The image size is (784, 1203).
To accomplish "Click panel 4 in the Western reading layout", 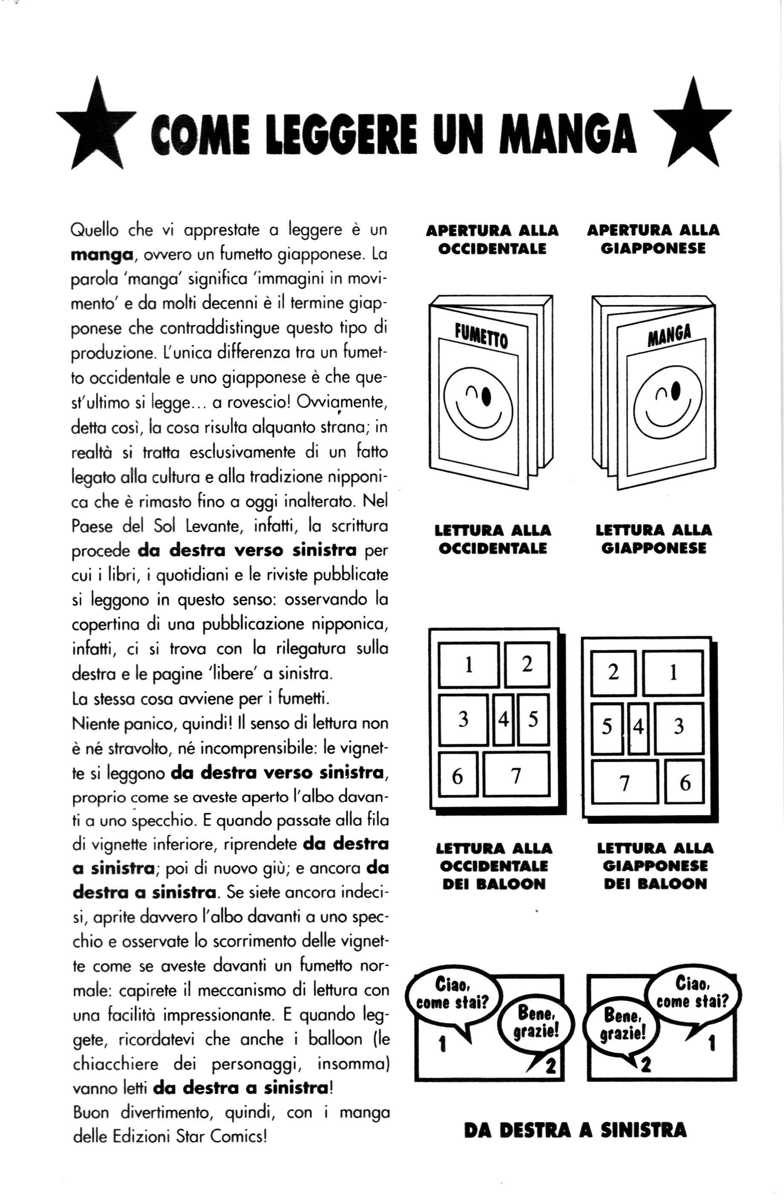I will tap(503, 720).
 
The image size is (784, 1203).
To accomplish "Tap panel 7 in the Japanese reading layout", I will tap(625, 783).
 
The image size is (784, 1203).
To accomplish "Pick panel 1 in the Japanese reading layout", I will tap(673, 673).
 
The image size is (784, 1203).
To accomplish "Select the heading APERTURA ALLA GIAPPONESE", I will tap(653, 239).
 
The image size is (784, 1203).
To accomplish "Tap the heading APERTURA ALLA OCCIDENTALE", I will tap(492, 239).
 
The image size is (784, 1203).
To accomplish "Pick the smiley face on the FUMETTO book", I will tap(478, 407).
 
